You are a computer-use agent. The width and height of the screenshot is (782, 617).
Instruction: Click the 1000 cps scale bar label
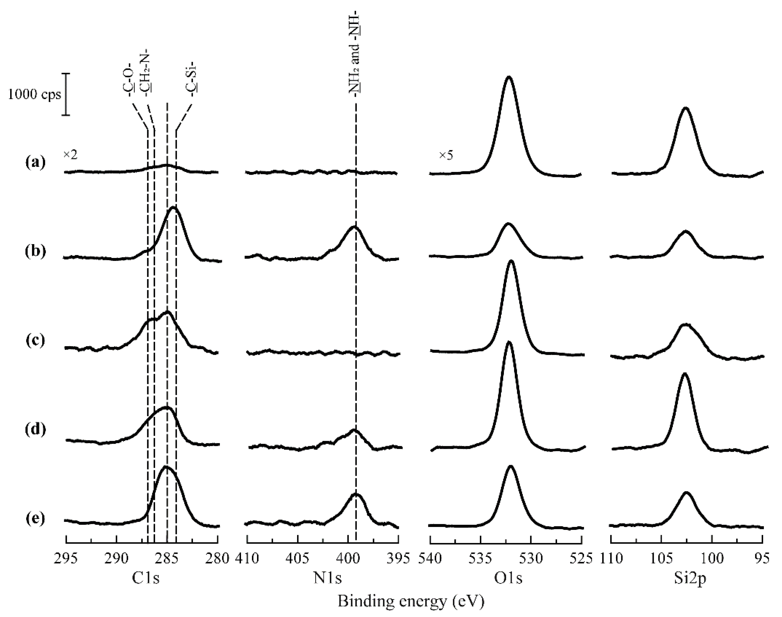tap(34, 95)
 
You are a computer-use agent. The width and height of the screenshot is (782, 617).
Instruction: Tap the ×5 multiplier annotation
tap(446, 156)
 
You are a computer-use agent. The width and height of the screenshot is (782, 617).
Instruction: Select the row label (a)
tap(35, 163)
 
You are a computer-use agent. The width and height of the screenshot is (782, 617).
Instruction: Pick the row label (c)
tap(35, 340)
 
